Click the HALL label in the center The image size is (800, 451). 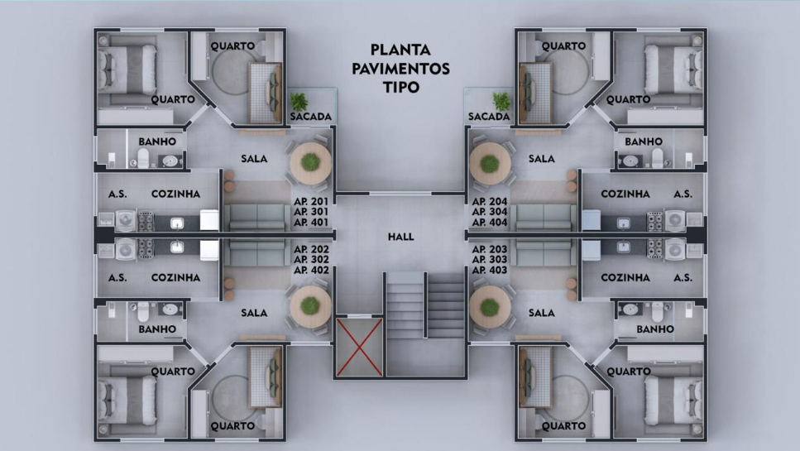point(400,237)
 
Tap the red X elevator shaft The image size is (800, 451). point(359,347)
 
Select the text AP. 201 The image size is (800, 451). point(311,201)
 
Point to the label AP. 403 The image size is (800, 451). point(490,270)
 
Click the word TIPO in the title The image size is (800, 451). point(401,87)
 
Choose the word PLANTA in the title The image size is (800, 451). point(400,50)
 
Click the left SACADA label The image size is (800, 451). point(311,117)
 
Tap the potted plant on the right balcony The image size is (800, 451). point(501,101)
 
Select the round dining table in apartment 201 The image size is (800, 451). point(310,163)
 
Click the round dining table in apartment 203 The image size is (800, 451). point(490,307)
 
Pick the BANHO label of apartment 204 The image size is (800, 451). point(644,142)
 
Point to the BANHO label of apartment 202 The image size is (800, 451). point(157,329)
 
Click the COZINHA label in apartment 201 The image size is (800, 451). point(175,194)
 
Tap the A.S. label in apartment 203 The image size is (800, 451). point(683,277)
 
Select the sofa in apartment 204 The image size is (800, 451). point(544,218)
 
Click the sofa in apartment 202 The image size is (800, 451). point(256,253)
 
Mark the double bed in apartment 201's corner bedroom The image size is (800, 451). point(127,70)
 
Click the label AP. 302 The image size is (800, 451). point(311,259)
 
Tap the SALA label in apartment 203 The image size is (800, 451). point(541,313)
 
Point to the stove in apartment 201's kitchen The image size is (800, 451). point(146,221)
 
